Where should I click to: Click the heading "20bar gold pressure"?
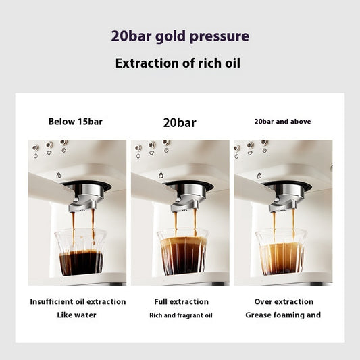(x=180, y=36)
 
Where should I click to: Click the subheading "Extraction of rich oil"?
(x=178, y=64)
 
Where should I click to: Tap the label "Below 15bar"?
(x=76, y=122)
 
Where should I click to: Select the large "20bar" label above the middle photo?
(x=180, y=123)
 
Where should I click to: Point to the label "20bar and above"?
(x=282, y=122)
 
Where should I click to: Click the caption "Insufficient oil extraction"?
(x=78, y=301)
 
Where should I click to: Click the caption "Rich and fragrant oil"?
(x=180, y=315)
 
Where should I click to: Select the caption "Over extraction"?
(x=284, y=301)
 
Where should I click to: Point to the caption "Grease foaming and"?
(x=283, y=315)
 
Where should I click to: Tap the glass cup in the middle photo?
(x=182, y=251)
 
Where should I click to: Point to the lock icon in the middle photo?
(x=161, y=175)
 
